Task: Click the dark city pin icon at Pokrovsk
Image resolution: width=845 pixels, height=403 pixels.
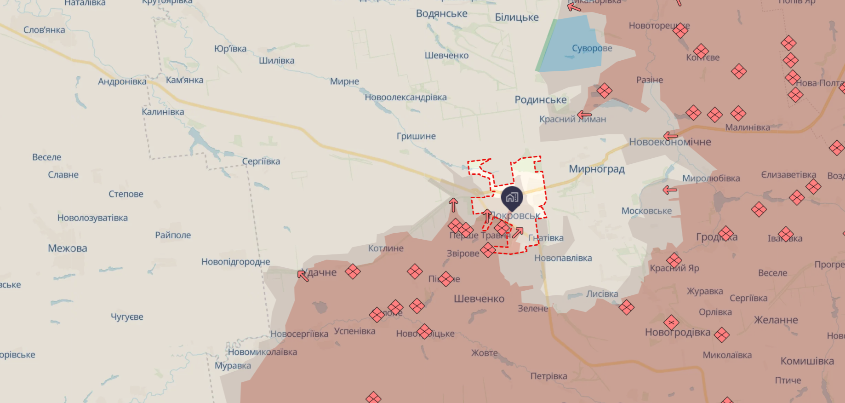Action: tap(512, 197)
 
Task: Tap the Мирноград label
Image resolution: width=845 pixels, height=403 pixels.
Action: tap(596, 169)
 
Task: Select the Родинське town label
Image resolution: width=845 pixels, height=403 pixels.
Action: tap(540, 100)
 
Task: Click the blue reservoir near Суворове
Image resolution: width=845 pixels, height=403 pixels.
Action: tap(570, 44)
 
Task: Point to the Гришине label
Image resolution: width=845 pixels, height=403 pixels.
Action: tap(416, 136)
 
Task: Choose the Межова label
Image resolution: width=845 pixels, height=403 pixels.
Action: tap(67, 248)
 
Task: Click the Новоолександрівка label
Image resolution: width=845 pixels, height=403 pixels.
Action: tap(405, 98)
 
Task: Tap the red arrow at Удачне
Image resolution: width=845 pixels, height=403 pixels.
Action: tap(302, 275)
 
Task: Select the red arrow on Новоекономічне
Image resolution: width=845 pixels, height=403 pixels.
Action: tap(670, 136)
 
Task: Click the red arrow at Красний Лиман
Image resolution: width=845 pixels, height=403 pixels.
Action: tap(584, 115)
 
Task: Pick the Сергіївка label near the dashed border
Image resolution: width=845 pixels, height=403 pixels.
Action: tap(261, 161)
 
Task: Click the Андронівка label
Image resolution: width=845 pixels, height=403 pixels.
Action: tap(122, 82)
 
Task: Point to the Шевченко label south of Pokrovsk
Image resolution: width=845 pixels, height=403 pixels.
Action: tap(479, 299)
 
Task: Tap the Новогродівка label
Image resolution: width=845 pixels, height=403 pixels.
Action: tap(677, 332)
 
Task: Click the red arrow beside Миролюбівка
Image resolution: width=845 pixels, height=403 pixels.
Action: tap(669, 190)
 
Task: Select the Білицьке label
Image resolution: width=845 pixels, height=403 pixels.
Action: tap(516, 17)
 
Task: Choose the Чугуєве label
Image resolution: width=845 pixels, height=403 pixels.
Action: tap(127, 317)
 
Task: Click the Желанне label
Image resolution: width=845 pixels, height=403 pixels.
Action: tap(776, 320)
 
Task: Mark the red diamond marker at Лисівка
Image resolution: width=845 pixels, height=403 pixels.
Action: tap(626, 307)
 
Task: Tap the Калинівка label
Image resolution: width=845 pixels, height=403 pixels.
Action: tap(163, 112)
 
